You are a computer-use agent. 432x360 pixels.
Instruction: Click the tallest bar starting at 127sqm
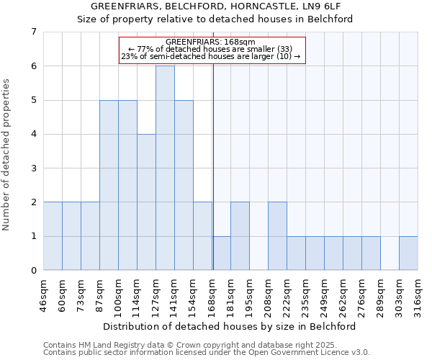pyautogui.click(x=165, y=168)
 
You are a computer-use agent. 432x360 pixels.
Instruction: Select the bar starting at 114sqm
pyautogui.click(x=146, y=202)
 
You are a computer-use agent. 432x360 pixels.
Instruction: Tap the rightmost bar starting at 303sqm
pyautogui.click(x=408, y=253)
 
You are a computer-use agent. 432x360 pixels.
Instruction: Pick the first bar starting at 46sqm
pyautogui.click(x=53, y=236)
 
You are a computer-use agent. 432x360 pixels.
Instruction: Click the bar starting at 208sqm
pyautogui.click(x=277, y=236)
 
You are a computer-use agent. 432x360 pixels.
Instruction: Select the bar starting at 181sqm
pyautogui.click(x=240, y=236)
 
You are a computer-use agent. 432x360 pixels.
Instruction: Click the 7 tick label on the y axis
pyautogui.click(x=33, y=32)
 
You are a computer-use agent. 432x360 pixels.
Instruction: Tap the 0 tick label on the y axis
pyautogui.click(x=33, y=271)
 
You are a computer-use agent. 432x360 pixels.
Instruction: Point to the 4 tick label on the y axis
pyautogui.click(x=33, y=134)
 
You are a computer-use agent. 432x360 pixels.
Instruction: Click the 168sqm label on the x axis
pyautogui.click(x=212, y=296)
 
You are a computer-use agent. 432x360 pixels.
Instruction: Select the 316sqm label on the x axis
pyautogui.click(x=418, y=296)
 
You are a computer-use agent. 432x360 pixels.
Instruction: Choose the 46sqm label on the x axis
pyautogui.click(x=44, y=296)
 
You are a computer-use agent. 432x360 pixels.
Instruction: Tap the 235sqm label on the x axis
pyautogui.click(x=306, y=296)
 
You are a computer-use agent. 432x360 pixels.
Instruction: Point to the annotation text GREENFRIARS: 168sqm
pyautogui.click(x=210, y=42)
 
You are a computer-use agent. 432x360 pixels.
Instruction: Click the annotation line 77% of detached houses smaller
pyautogui.click(x=210, y=49)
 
